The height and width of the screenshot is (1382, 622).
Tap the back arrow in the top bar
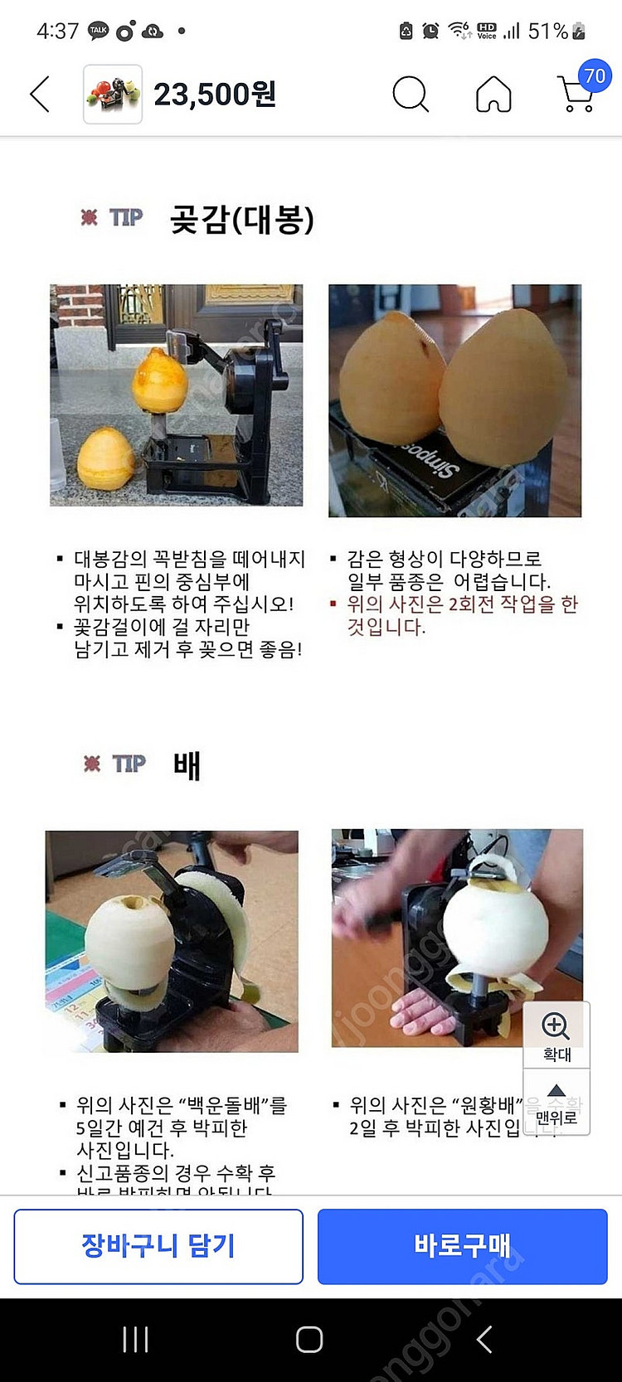point(40,94)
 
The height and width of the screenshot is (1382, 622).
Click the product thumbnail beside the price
point(113,95)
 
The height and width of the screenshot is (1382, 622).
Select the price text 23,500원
point(215,95)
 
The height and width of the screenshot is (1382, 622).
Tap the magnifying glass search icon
point(410,94)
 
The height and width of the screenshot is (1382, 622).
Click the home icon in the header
point(493,94)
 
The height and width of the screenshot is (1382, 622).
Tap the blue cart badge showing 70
point(595,76)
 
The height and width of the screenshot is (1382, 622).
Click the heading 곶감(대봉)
point(241,220)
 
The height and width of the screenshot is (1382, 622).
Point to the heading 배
point(187,764)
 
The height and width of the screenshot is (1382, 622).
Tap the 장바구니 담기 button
point(158,1246)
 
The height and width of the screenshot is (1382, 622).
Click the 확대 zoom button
point(556,1035)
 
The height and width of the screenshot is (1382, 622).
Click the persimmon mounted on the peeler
point(159,381)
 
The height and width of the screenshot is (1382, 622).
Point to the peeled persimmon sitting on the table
point(105,458)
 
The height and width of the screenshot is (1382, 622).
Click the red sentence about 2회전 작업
point(461,615)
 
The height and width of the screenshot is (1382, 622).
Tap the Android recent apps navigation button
point(135,1339)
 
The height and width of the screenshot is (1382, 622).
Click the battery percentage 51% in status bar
point(548,32)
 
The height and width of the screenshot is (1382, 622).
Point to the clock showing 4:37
point(57,32)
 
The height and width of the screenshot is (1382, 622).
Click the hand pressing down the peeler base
point(421,1013)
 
